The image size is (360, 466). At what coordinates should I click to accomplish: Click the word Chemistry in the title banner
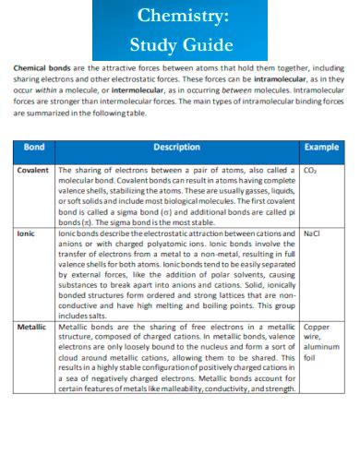pos(179,16)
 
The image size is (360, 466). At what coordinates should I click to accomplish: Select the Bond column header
pos(33,147)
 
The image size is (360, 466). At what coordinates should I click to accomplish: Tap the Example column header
pos(320,147)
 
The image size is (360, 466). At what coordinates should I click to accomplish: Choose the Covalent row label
pos(33,171)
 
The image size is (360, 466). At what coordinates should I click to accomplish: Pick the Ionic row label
pos(26,234)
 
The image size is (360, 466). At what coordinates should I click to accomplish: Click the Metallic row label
pos(32,327)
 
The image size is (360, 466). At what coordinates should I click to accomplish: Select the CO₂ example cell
pos(310,171)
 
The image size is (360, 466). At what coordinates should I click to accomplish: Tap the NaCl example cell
pos(311,234)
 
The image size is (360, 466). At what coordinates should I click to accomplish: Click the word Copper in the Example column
pos(317,327)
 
